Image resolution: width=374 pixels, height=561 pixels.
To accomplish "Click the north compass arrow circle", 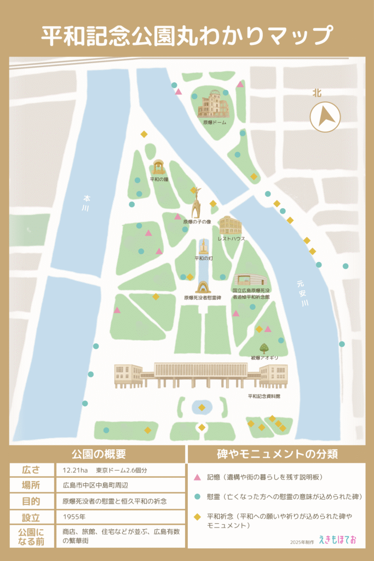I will pos(325,117).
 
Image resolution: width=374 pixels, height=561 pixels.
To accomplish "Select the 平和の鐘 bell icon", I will pos(159,167).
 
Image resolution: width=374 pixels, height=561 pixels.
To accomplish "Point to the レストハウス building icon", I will pos(230,225).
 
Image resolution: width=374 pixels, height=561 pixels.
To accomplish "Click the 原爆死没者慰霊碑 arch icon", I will pos(203,287).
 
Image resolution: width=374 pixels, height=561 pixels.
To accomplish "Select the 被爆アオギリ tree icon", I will pos(264,348).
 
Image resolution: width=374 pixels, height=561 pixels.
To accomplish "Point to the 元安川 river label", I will pos(303,293).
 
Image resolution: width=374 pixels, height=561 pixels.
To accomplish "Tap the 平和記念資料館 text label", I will pos(264,396).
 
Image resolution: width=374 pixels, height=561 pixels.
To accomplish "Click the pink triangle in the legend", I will pos(197,477).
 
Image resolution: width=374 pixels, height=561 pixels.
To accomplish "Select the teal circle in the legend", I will pos(197,496).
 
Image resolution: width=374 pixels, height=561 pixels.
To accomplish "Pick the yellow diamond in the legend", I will pos(197,517).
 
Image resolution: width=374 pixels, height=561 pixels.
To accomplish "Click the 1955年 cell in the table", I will pos(74,517).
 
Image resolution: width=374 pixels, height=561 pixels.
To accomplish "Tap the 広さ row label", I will pos(31,470).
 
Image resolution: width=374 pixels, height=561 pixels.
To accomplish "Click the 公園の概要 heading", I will pos(98,454).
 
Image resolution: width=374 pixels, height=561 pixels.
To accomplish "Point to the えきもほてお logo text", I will pos(337,540).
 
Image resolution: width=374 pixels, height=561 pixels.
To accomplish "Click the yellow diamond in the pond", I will pos(202,408).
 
